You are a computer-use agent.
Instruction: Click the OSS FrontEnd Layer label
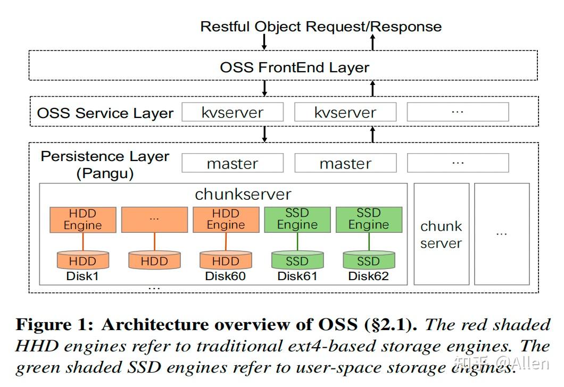(294, 68)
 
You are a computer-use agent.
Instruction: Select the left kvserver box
(233, 112)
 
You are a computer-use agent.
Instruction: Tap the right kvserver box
(345, 112)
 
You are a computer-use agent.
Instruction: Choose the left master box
(233, 163)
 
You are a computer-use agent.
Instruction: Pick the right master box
(345, 163)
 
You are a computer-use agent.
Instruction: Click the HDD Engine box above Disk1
(82, 220)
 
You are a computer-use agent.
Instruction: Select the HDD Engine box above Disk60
(226, 220)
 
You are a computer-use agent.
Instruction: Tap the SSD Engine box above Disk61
(297, 220)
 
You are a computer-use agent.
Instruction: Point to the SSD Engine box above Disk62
(368, 220)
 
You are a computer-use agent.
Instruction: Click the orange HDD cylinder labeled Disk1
(82, 260)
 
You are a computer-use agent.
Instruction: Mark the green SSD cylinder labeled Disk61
(297, 260)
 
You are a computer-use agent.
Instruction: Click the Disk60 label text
(226, 276)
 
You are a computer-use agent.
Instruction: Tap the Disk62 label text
(368, 276)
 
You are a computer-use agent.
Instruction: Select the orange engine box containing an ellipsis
(154, 220)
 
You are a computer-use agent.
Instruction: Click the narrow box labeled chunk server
(441, 234)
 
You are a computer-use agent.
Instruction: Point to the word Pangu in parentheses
(105, 173)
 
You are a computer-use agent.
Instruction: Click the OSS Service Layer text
(105, 113)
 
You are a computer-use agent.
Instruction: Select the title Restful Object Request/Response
(320, 27)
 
